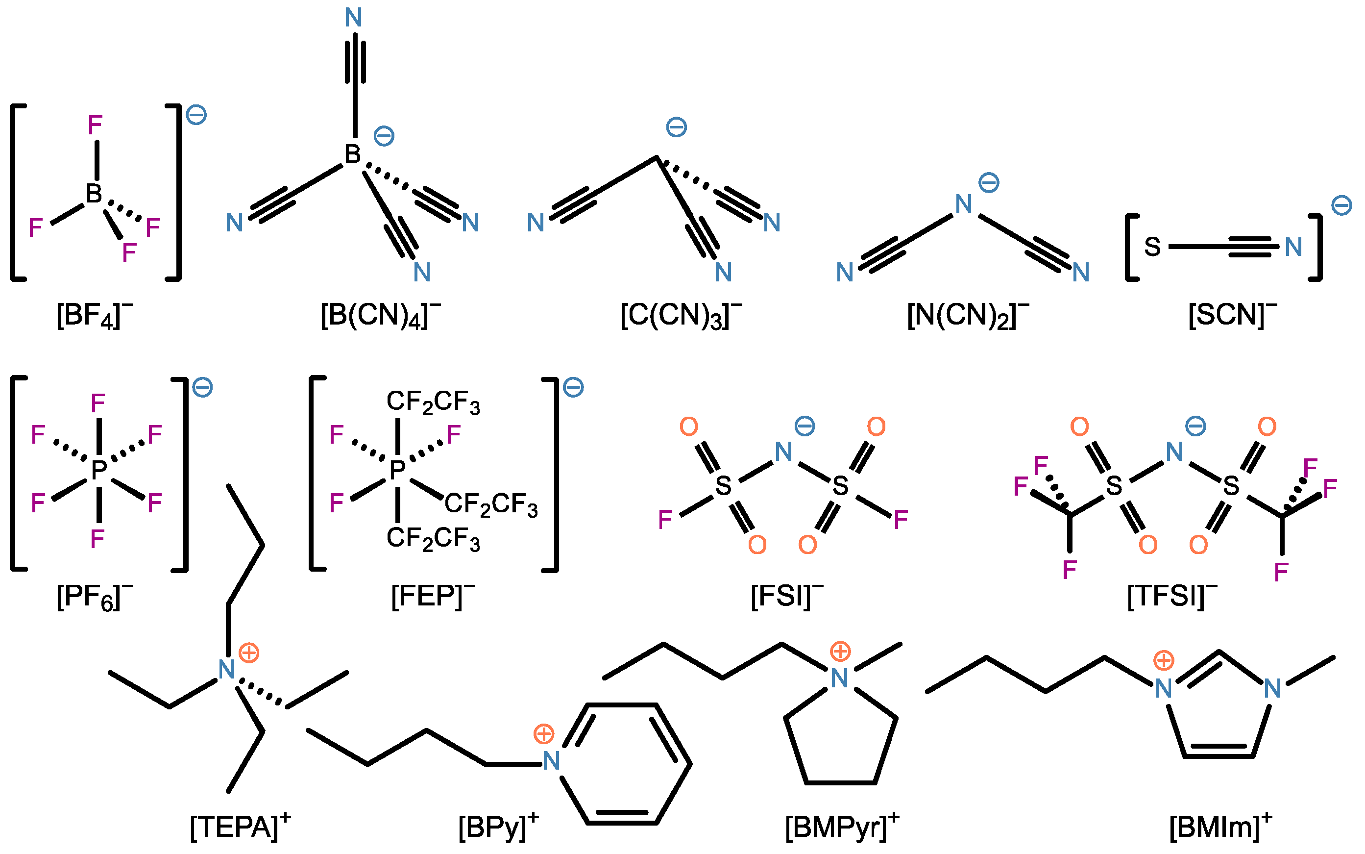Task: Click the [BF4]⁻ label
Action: point(94,316)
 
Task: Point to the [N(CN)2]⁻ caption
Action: point(968,316)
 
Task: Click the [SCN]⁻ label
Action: point(1232,316)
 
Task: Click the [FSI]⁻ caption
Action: point(787,596)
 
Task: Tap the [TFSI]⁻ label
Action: point(1172,596)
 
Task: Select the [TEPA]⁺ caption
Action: point(240,827)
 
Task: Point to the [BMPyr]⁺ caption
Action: point(842,827)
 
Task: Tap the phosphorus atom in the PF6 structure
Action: point(99,469)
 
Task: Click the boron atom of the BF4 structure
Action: point(94,194)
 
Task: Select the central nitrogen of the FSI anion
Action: point(783,452)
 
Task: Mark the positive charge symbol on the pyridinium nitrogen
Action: point(544,734)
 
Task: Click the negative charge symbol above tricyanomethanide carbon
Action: point(676,127)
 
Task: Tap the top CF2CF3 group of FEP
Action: point(433,402)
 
